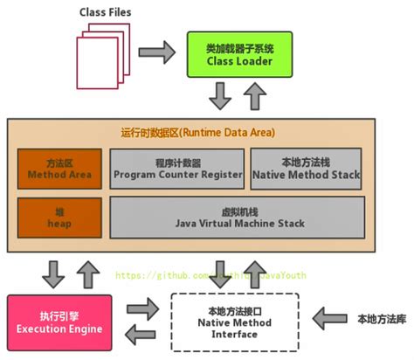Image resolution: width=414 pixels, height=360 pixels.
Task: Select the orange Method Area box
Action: [x=59, y=169]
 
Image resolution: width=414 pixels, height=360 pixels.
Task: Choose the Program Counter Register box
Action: [x=176, y=169]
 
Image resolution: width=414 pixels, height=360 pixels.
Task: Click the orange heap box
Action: [x=59, y=218]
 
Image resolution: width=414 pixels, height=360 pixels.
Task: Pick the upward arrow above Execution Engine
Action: [x=84, y=272]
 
